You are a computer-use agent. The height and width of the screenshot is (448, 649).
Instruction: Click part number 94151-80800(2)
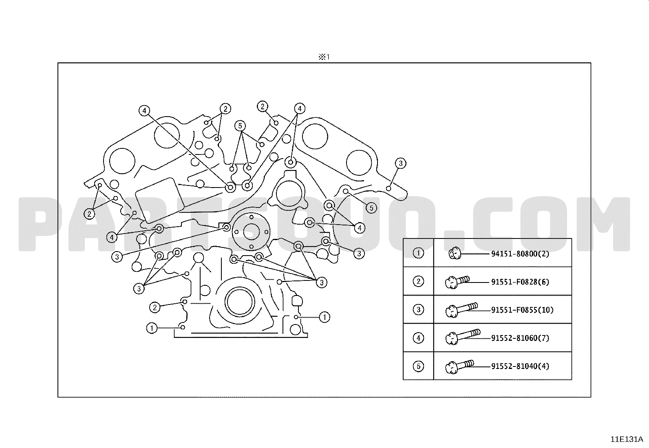(520, 254)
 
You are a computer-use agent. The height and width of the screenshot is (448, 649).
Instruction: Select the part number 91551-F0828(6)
(520, 282)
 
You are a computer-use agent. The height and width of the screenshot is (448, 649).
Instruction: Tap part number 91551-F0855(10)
(522, 310)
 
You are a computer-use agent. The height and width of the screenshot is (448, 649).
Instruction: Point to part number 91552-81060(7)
(520, 338)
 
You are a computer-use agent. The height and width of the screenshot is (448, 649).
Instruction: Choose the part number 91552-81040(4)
(520, 366)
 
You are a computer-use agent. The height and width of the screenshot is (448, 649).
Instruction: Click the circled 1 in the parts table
(418, 253)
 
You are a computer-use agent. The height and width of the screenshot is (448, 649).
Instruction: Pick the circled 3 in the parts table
(418, 309)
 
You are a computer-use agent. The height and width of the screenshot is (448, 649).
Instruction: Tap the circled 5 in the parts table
(418, 366)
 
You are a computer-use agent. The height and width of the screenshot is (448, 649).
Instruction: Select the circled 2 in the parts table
(418, 281)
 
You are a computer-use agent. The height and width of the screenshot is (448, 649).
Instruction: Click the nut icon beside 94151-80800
(454, 254)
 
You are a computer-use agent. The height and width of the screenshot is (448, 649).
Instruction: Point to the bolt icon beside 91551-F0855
(461, 309)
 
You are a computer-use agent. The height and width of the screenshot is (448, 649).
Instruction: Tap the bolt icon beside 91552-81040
(459, 366)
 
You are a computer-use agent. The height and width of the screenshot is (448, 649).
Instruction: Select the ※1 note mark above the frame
(324, 57)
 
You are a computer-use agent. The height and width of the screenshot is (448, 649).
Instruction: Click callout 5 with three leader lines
(240, 126)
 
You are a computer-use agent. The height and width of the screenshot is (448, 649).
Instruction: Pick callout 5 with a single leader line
(371, 207)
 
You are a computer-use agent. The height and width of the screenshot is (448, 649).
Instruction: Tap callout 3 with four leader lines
(321, 282)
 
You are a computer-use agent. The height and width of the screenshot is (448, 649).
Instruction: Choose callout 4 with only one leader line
(144, 110)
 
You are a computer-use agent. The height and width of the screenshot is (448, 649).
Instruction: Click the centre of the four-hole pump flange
(251, 232)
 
